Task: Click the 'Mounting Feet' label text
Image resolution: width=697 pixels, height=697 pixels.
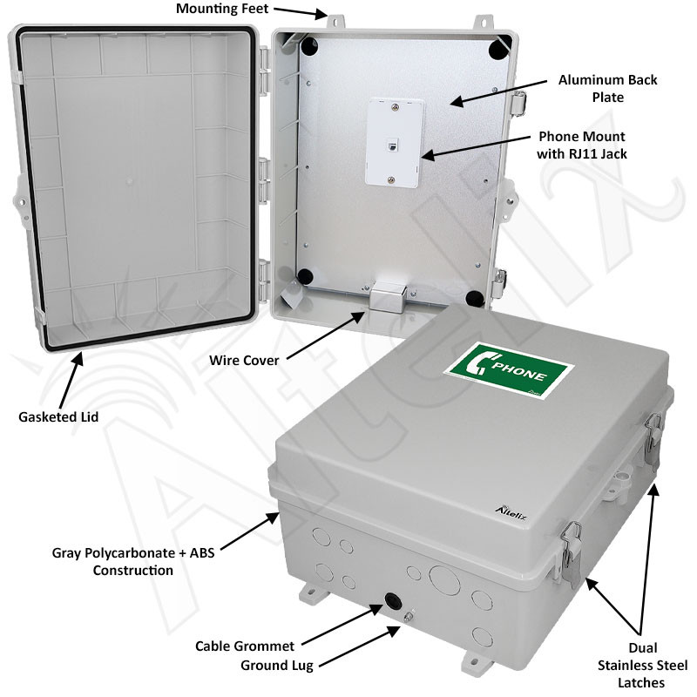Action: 222,10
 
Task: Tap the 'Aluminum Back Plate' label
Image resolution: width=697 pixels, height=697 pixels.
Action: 607,89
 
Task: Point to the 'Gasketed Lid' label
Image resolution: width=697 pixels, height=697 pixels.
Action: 58,416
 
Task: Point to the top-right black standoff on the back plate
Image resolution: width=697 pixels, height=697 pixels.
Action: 497,47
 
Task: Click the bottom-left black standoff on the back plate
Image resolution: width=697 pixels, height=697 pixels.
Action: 305,277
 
